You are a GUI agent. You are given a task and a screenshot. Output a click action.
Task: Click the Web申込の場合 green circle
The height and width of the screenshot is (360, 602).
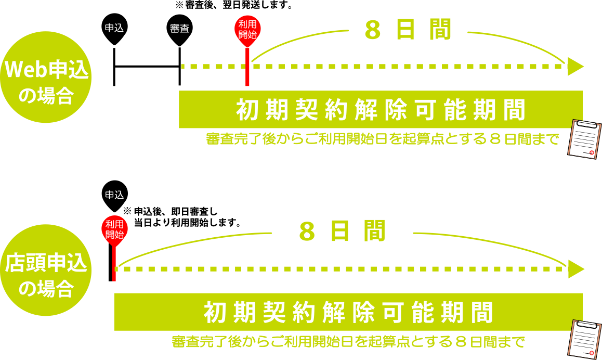click(46, 77)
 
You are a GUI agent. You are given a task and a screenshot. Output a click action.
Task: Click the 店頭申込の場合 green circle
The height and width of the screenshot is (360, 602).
click(46, 270)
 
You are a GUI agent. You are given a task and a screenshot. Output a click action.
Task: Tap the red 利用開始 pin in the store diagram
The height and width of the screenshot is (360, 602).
click(114, 229)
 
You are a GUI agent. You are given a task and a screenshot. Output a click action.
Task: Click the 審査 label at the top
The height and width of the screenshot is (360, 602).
click(179, 29)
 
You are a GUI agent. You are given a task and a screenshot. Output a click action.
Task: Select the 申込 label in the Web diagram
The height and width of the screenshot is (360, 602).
click(114, 28)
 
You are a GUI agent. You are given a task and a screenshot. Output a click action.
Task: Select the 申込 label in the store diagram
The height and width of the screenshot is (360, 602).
click(114, 195)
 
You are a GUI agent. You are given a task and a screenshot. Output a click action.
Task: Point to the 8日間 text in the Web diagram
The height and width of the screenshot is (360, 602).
click(408, 30)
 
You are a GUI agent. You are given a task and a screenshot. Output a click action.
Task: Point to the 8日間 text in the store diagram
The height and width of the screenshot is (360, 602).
click(342, 232)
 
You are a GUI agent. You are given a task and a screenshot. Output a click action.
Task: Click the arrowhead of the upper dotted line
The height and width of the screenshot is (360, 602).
click(575, 67)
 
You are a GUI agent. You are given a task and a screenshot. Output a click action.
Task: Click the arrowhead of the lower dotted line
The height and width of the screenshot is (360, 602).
click(575, 269)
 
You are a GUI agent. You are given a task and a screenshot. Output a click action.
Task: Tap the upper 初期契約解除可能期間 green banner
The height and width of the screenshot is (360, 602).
click(381, 109)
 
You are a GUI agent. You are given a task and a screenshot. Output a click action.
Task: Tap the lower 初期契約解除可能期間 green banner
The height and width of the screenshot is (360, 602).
click(348, 312)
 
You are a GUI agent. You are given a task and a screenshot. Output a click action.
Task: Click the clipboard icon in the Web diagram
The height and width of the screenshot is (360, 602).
click(584, 138)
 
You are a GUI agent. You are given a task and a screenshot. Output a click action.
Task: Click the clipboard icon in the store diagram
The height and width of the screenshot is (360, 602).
click(584, 339)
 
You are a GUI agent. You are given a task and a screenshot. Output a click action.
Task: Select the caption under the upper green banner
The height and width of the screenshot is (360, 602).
click(382, 139)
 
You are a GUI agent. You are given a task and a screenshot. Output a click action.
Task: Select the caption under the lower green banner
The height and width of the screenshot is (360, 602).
click(348, 342)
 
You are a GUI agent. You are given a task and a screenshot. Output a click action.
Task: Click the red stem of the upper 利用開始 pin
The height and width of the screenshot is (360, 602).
click(247, 68)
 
